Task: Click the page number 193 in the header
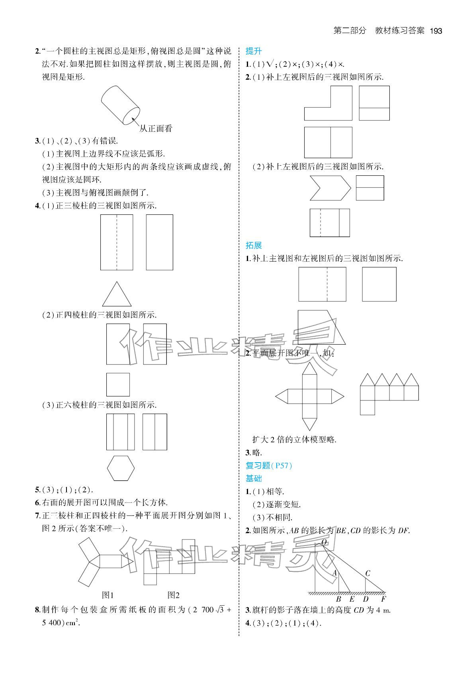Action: pyautogui.click(x=436, y=31)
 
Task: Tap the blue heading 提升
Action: pyautogui.click(x=253, y=51)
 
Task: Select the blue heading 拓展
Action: pyautogui.click(x=253, y=245)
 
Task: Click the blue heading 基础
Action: pyautogui.click(x=253, y=478)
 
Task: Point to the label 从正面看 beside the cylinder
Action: pyautogui.click(x=156, y=129)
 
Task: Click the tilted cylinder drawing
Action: pyautogui.click(x=120, y=105)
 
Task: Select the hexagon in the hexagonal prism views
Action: pyautogui.click(x=121, y=469)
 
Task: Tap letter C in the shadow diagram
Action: pyautogui.click(x=368, y=573)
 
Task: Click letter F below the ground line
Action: pyautogui.click(x=383, y=599)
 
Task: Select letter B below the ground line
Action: pyautogui.click(x=338, y=599)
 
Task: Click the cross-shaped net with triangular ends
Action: pyautogui.click(x=309, y=396)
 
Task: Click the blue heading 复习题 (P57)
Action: pyautogui.click(x=269, y=465)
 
